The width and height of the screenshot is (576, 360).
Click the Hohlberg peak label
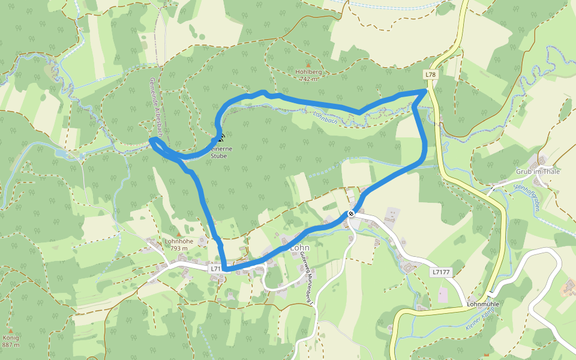point(308,72)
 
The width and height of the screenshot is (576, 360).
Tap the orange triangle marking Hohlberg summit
point(308,65)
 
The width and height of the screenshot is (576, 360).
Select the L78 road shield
point(430,74)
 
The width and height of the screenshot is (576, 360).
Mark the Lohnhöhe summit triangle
point(178,234)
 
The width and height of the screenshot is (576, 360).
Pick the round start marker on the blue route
point(351,213)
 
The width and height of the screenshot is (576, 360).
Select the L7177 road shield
point(440,272)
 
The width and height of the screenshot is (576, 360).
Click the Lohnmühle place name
point(483,304)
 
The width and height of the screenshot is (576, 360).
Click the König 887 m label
point(11,341)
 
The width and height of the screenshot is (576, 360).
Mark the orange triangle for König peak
point(10,331)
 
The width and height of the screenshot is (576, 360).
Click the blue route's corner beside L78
point(426,90)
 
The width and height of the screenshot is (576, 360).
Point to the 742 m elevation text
point(308,79)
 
